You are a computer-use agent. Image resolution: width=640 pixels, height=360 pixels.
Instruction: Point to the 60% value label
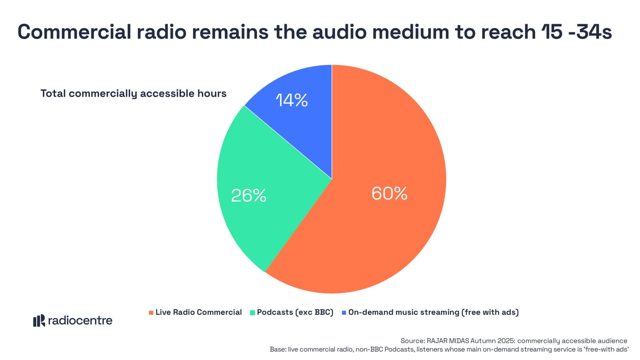[x=389, y=193]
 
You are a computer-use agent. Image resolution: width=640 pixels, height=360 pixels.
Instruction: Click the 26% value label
[x=248, y=196]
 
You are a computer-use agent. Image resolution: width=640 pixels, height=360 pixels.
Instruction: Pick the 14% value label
[x=292, y=101]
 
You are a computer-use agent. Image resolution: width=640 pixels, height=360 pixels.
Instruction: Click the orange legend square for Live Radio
[x=151, y=312]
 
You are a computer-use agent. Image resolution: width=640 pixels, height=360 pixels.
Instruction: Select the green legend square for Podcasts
[x=252, y=312]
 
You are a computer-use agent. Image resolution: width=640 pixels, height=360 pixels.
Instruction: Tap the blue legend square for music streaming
[x=344, y=312]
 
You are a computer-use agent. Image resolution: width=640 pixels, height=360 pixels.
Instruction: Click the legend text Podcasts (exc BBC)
[x=295, y=312]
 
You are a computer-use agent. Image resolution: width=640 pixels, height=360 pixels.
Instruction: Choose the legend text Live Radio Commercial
[x=198, y=312]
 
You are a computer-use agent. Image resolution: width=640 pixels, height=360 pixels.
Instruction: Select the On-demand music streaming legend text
[x=433, y=312]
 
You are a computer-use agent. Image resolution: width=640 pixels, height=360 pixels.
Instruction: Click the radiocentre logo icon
[x=39, y=321]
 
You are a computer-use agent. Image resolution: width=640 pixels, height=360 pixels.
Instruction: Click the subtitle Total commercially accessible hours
[x=133, y=93]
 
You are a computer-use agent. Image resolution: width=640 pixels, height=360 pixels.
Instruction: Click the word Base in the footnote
[x=277, y=349]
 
